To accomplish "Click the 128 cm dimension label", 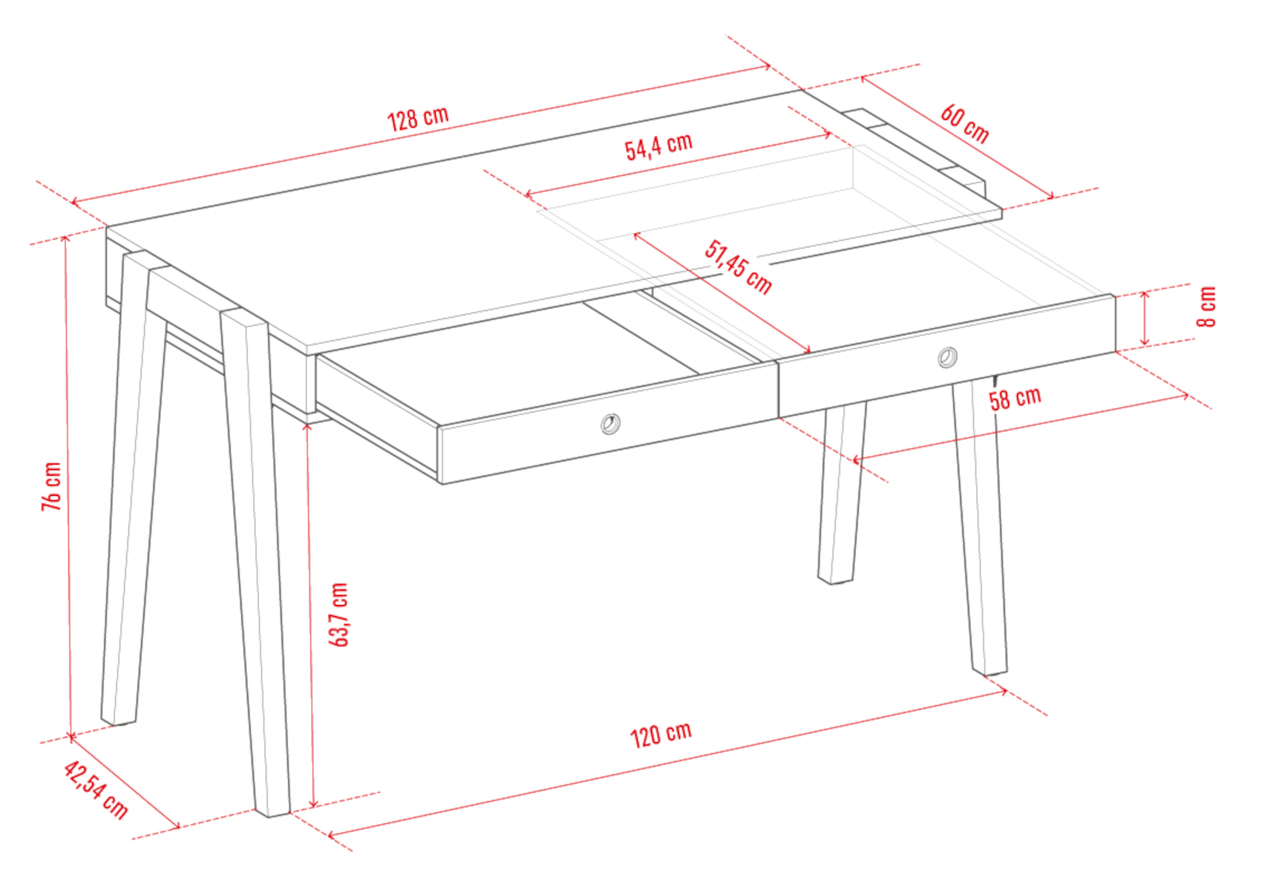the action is (x=418, y=118).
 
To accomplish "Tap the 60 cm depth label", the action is (x=964, y=124).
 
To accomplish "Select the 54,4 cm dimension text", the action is (x=658, y=146).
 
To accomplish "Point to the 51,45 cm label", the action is (x=738, y=267).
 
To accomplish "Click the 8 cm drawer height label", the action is (x=1207, y=307).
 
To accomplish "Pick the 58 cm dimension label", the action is (x=1015, y=399).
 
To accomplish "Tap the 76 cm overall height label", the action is (x=51, y=487).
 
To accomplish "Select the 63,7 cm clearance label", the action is (x=338, y=615).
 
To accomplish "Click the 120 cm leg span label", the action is (x=660, y=735).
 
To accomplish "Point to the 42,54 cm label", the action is (x=96, y=790).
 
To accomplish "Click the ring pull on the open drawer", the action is (x=610, y=424).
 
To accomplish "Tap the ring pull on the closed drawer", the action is (x=948, y=357).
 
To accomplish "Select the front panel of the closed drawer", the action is (x=947, y=356).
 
